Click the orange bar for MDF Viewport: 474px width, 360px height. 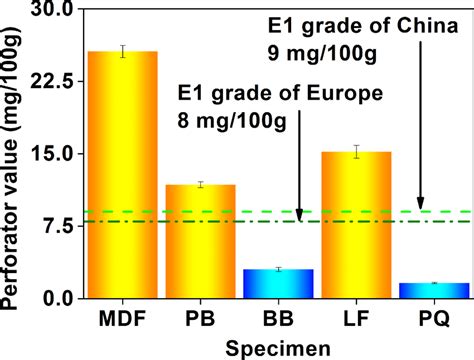pyautogui.click(x=123, y=175)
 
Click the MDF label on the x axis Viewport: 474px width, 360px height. pyautogui.click(x=123, y=319)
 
